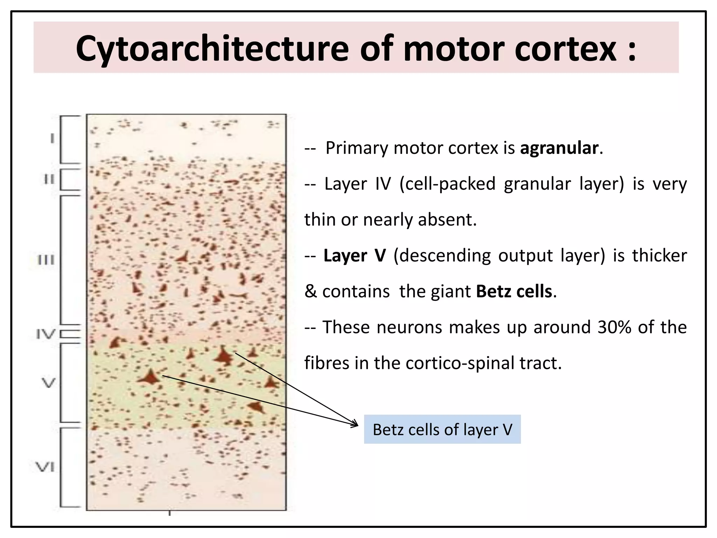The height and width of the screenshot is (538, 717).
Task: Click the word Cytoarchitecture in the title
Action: tap(212, 49)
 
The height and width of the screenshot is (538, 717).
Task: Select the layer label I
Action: tap(52, 139)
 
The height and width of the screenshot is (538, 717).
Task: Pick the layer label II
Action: tap(49, 180)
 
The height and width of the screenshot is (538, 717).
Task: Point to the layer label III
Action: tap(46, 260)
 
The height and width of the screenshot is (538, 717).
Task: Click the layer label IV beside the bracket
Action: tap(46, 334)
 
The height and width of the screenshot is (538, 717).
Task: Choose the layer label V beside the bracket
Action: tap(49, 382)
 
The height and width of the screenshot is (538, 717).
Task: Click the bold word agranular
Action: tap(559, 148)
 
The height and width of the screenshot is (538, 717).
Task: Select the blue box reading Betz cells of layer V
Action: tap(442, 429)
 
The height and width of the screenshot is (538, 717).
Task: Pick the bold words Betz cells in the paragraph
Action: tap(514, 291)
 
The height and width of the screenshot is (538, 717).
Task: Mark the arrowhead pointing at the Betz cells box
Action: tap(355, 424)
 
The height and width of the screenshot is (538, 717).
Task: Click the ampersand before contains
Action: tap(310, 291)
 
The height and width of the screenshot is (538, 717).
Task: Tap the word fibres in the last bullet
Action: tap(327, 363)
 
